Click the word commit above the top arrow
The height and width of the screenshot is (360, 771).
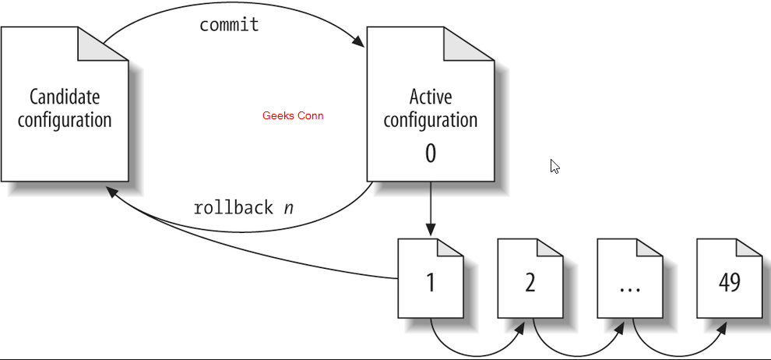pyautogui.click(x=229, y=25)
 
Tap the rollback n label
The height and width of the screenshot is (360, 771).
pyautogui.click(x=243, y=208)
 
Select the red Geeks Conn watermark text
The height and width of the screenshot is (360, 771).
pyautogui.click(x=293, y=116)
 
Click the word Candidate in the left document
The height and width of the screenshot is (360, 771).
pyautogui.click(x=65, y=97)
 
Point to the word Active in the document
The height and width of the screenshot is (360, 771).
pyautogui.click(x=430, y=97)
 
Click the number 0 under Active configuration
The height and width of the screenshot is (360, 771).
pyautogui.click(x=430, y=154)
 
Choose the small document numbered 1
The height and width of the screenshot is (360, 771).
pyautogui.click(x=430, y=281)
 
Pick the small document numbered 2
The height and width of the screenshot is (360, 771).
pyautogui.click(x=530, y=281)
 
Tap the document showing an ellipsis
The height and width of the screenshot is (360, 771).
pyautogui.click(x=629, y=281)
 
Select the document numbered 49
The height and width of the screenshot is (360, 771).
pyautogui.click(x=729, y=281)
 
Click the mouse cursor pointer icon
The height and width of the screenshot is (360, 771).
pyautogui.click(x=554, y=166)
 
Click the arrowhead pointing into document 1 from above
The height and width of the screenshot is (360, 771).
pyautogui.click(x=430, y=231)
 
